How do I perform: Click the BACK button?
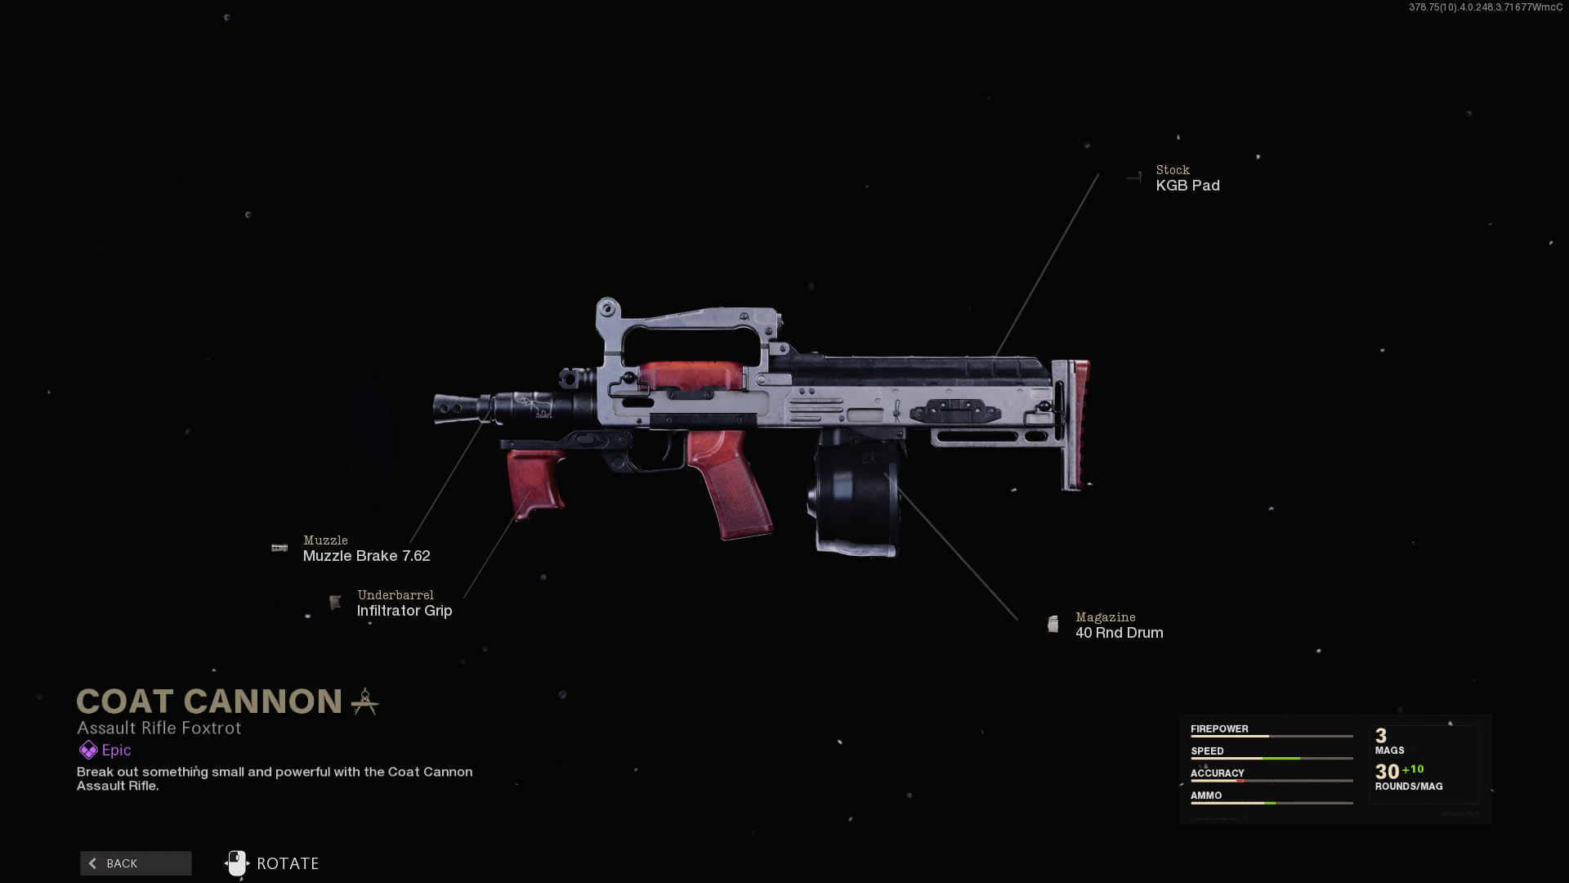tap(136, 863)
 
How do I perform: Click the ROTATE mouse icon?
tap(237, 863)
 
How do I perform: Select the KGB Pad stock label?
tap(1187, 186)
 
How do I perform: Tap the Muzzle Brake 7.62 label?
tap(366, 556)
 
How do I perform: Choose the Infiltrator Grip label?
tap(405, 611)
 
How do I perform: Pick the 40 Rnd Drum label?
tap(1119, 633)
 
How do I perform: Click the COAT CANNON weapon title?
tap(209, 701)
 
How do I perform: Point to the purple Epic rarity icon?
tap(88, 750)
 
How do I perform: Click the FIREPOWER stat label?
tap(1219, 728)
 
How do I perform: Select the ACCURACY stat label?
tap(1217, 773)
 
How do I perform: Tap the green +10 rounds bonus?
tap(1413, 769)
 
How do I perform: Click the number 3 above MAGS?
tap(1381, 736)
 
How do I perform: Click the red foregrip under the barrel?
tap(536, 482)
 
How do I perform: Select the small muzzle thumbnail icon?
tap(279, 548)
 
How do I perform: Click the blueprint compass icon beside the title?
tap(364, 701)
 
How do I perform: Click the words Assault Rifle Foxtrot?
tap(159, 728)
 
